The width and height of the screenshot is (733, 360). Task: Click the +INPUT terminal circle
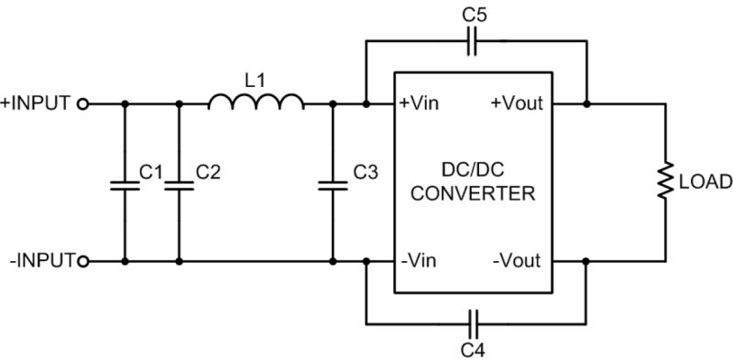[x=83, y=104]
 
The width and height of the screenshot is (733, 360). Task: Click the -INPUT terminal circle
[x=83, y=262]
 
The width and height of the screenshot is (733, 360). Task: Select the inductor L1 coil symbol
[x=257, y=102]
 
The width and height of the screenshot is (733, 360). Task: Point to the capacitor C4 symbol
[x=473, y=323]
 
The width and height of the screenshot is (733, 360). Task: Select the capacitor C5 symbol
[x=473, y=40]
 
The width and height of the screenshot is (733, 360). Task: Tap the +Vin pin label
[x=420, y=104]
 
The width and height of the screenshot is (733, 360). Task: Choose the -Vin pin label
[x=418, y=262]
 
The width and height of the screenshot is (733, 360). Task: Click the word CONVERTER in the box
[x=473, y=196]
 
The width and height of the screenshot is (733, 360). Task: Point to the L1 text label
[x=257, y=80]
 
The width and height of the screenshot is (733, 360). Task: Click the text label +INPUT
[x=36, y=104]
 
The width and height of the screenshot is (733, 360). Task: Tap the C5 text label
[x=473, y=13]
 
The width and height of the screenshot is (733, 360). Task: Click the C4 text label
[x=473, y=349]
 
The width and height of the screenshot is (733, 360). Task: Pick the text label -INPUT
[x=39, y=262]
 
